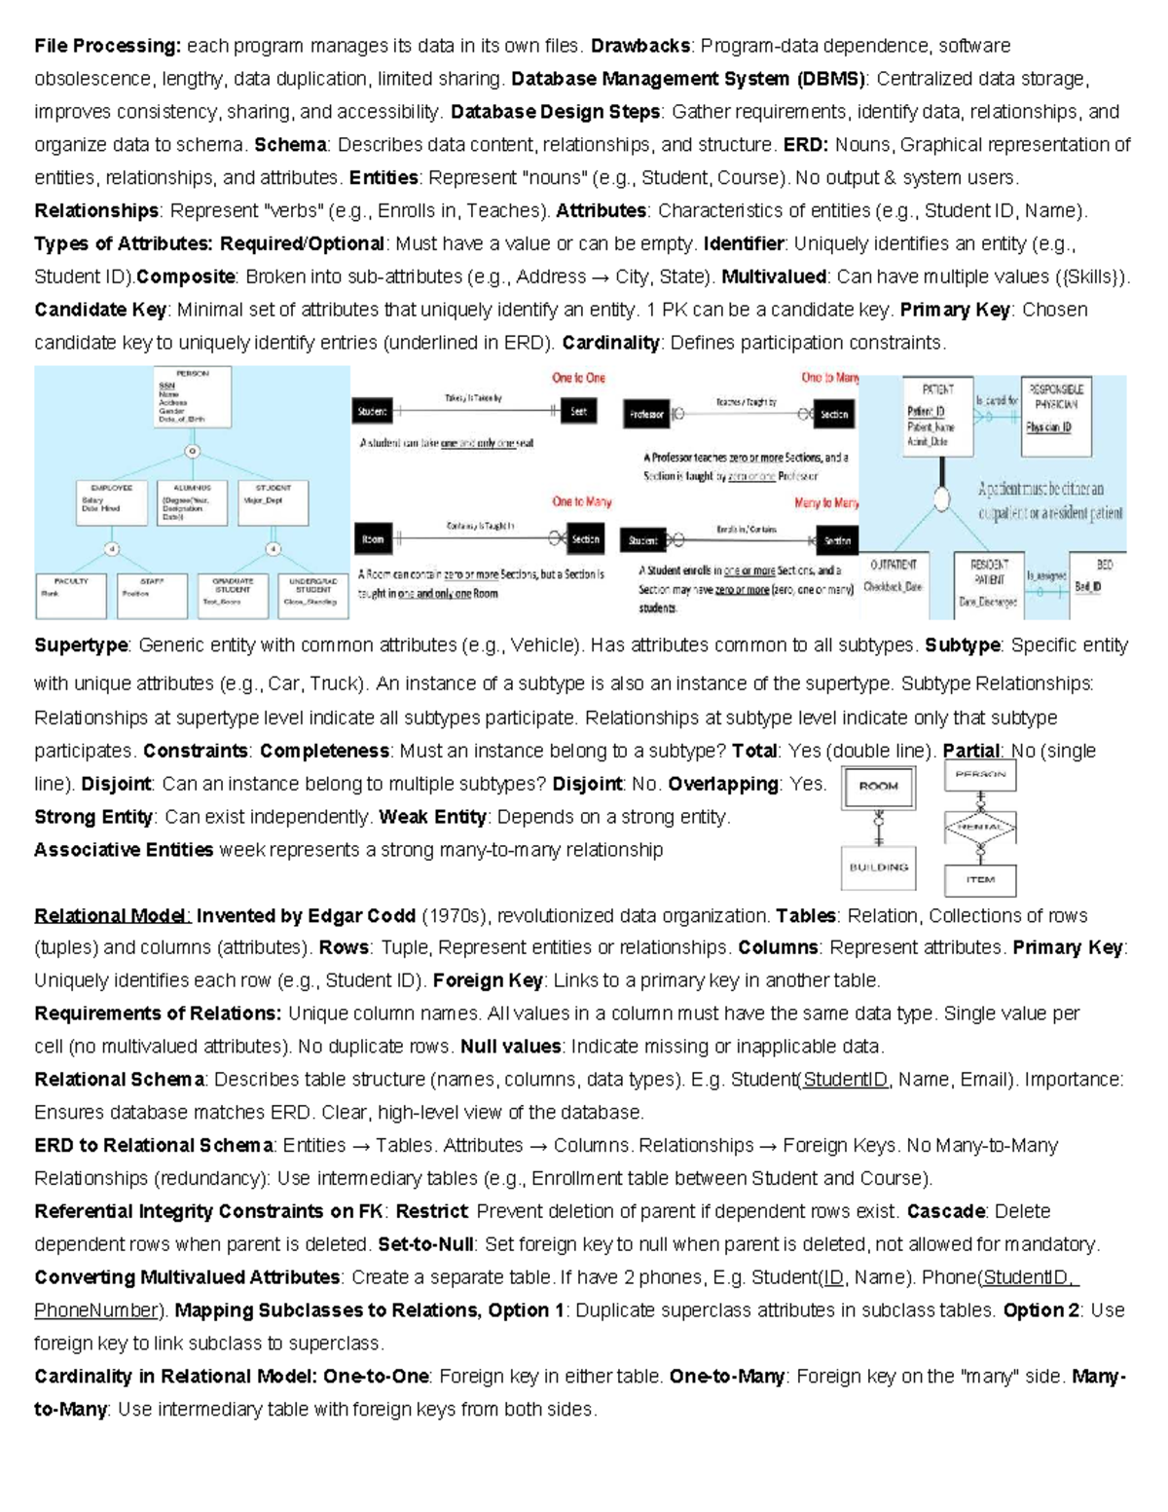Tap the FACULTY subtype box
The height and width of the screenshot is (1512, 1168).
(x=71, y=595)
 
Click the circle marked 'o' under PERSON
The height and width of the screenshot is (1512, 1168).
(x=192, y=451)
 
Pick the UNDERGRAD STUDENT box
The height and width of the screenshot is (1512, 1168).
(x=313, y=595)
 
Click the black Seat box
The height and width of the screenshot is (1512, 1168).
(x=578, y=412)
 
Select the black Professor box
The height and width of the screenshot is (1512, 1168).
(x=646, y=415)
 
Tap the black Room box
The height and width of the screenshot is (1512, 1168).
(x=373, y=538)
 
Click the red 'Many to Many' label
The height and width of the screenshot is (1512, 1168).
(x=826, y=503)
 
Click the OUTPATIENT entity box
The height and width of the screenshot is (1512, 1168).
(x=894, y=579)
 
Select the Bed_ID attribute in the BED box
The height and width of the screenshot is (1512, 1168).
(x=1088, y=587)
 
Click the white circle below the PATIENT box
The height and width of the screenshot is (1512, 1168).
(x=941, y=499)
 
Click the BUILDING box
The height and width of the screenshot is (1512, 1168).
(x=878, y=867)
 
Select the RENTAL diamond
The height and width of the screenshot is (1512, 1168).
(x=980, y=827)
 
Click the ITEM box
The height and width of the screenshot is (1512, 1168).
(x=980, y=880)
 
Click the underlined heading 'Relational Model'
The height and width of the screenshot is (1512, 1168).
(x=112, y=916)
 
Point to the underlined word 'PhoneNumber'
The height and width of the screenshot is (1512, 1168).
(x=95, y=1310)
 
